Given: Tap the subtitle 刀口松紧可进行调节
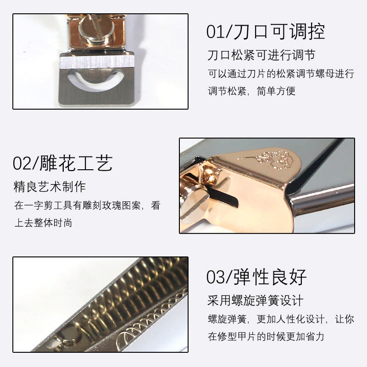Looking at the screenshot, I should coord(261,56).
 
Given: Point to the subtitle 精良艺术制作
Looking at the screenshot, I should coord(50,187).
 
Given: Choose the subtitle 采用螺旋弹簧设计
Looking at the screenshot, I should coord(256,301).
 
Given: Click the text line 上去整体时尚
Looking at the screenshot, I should coord(43,223).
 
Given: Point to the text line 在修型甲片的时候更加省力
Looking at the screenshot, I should coord(266,336).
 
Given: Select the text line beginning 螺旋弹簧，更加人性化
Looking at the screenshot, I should coord(281,319).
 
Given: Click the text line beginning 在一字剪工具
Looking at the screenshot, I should coord(87,206).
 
